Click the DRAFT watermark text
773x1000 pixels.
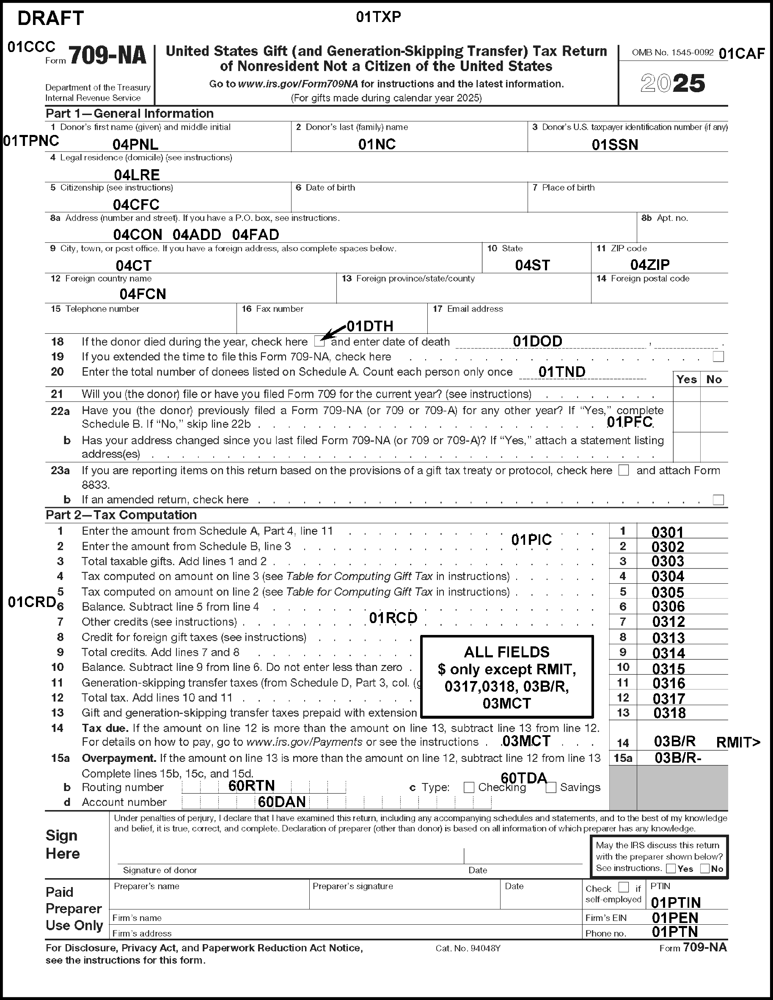[x=50, y=19]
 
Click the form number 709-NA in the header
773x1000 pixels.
[x=107, y=56]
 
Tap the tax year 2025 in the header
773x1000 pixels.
[x=673, y=83]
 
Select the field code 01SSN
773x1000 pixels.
[x=615, y=145]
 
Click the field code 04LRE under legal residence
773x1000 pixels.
[x=137, y=174]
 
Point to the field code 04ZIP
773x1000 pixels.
[x=650, y=265]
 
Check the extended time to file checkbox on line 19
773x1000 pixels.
[x=718, y=357]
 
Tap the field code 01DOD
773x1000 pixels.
[x=537, y=341]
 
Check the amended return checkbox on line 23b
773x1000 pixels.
[x=718, y=500]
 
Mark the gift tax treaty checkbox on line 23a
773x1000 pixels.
[x=623, y=470]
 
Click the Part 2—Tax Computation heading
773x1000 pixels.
[x=121, y=515]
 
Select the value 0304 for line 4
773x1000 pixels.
[x=668, y=577]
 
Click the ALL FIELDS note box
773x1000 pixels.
[x=506, y=677]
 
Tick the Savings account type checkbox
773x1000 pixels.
[x=551, y=787]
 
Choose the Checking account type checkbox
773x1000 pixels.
[x=468, y=787]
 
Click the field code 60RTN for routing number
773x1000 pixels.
[x=251, y=786]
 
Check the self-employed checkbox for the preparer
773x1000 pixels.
[x=623, y=887]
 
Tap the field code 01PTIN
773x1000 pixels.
[x=675, y=902]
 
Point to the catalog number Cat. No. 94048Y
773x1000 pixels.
[x=468, y=948]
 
